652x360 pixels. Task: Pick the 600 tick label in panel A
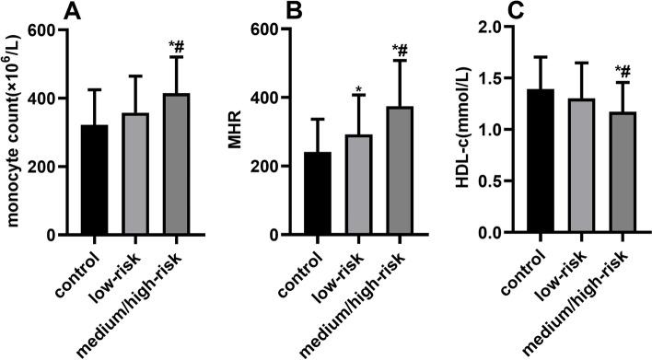(40, 29)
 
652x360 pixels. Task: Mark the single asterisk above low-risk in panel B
(359, 88)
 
